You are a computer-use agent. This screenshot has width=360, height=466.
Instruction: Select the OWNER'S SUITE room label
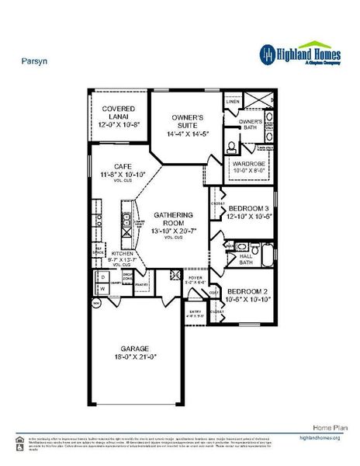187,122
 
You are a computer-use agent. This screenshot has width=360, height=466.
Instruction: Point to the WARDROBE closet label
250,165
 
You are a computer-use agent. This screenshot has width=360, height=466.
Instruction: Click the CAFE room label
122,166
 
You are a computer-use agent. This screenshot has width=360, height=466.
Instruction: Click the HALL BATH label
246,258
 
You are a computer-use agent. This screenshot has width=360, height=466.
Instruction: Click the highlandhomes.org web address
320,439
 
